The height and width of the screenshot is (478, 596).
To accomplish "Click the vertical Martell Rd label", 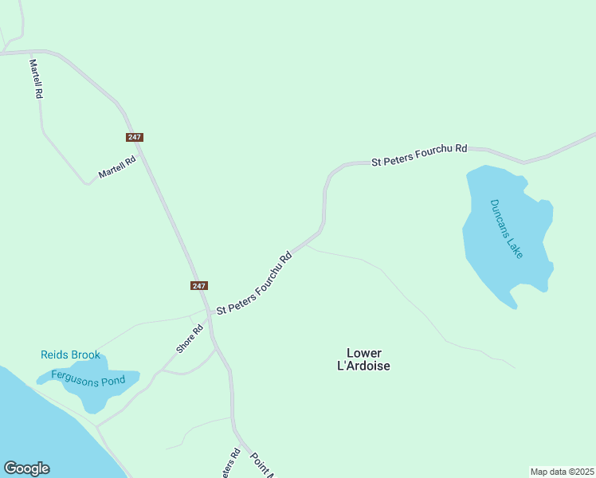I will click(x=36, y=78).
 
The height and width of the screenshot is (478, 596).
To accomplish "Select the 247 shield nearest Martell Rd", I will click(x=134, y=137).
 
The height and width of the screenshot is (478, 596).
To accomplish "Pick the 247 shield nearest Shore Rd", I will click(x=199, y=285).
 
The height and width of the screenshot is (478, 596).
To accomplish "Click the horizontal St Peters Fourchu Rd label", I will click(x=419, y=155).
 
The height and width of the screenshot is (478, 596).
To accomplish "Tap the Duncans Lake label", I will click(x=507, y=228).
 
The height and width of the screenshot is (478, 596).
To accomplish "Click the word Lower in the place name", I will click(x=364, y=353).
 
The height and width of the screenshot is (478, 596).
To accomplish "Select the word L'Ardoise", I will click(x=364, y=366).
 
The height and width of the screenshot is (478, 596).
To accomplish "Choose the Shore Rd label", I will click(x=190, y=338).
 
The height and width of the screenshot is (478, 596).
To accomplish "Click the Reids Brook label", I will click(x=71, y=355).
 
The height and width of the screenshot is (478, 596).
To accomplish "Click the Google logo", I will click(x=26, y=468).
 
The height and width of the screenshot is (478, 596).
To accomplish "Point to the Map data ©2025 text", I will click(x=562, y=472).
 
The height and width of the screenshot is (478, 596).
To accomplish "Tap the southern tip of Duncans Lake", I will click(x=515, y=306).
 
